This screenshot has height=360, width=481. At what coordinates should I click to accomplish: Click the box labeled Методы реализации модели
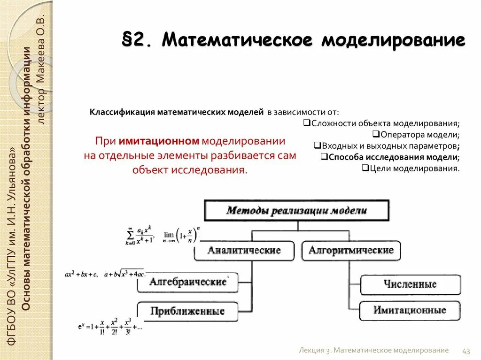(x=296, y=210)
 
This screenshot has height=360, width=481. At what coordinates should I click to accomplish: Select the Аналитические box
(x=244, y=250)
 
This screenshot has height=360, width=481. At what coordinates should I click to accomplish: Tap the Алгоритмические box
(x=351, y=250)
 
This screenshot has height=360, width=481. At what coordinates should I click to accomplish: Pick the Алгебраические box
(x=187, y=282)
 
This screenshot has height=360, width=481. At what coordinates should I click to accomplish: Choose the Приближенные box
(x=187, y=311)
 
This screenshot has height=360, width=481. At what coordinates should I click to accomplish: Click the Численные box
(x=410, y=284)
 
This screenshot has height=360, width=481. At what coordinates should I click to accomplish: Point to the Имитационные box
(x=410, y=310)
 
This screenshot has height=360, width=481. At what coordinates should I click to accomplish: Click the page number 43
(x=466, y=351)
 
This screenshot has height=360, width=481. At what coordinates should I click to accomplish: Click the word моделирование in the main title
(x=393, y=40)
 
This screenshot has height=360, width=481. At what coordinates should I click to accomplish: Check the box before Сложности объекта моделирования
(x=306, y=123)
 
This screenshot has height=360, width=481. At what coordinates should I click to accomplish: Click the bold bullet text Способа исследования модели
(x=392, y=157)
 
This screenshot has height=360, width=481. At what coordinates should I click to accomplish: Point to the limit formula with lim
(x=181, y=235)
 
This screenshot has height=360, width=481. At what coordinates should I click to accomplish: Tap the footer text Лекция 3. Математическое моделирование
(x=373, y=351)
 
